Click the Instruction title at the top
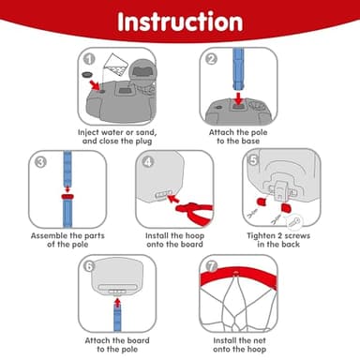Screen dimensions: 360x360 pyautogui.click(x=180, y=22)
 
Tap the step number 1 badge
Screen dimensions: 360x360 pyautogui.click(x=89, y=59)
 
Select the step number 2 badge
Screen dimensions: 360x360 pyautogui.click(x=212, y=59)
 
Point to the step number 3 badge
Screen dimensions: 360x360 pyautogui.click(x=40, y=162)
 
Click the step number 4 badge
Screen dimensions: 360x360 pyautogui.click(x=148, y=162)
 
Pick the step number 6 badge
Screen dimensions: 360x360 pyautogui.click(x=89, y=266)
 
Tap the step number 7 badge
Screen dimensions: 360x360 pyautogui.click(x=212, y=266)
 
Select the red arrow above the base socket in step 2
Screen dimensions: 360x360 pyautogui.click(x=239, y=97)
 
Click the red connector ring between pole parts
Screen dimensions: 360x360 pyautogui.click(x=67, y=197)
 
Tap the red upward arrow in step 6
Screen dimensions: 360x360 pyautogui.click(x=117, y=302)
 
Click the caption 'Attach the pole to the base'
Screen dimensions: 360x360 pyautogui.click(x=238, y=137)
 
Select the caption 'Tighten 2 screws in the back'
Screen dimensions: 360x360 pyautogui.click(x=278, y=240)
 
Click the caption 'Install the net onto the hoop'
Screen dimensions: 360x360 pyautogui.click(x=240, y=345)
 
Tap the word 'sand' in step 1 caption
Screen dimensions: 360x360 pyautogui.click(x=145, y=132)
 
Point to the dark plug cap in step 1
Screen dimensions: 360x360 pyautogui.click(x=87, y=75)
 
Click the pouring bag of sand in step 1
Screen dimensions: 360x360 pyautogui.click(x=115, y=66)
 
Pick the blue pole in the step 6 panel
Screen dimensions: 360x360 pyautogui.click(x=117, y=318)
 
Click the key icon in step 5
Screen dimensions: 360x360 pyautogui.click(x=294, y=222)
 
